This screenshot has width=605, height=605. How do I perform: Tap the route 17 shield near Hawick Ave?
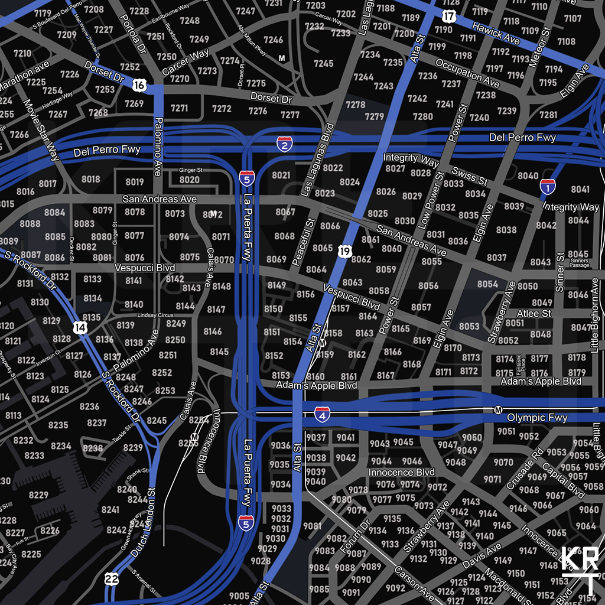tap(449, 16)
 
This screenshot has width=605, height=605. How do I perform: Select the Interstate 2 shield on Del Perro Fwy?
tap(284, 143)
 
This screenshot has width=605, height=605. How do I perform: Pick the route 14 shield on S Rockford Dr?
tap(81, 327)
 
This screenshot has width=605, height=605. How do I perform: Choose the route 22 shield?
tap(111, 578)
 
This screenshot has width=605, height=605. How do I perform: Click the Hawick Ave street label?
tap(496, 35)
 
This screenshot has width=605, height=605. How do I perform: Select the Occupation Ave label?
tap(467, 73)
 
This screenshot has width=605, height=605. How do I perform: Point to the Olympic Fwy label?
tap(537, 418)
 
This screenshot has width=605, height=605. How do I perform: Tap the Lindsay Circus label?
tap(155, 315)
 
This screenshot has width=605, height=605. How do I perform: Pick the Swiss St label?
tap(470, 175)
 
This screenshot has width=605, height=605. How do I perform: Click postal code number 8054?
tap(487, 284)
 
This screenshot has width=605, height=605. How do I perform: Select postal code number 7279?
tap(374, 117)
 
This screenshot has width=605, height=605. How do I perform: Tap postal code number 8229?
tap(38, 495)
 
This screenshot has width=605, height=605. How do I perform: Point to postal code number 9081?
tap(312, 526)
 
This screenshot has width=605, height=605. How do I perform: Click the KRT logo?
tap(580, 570)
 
